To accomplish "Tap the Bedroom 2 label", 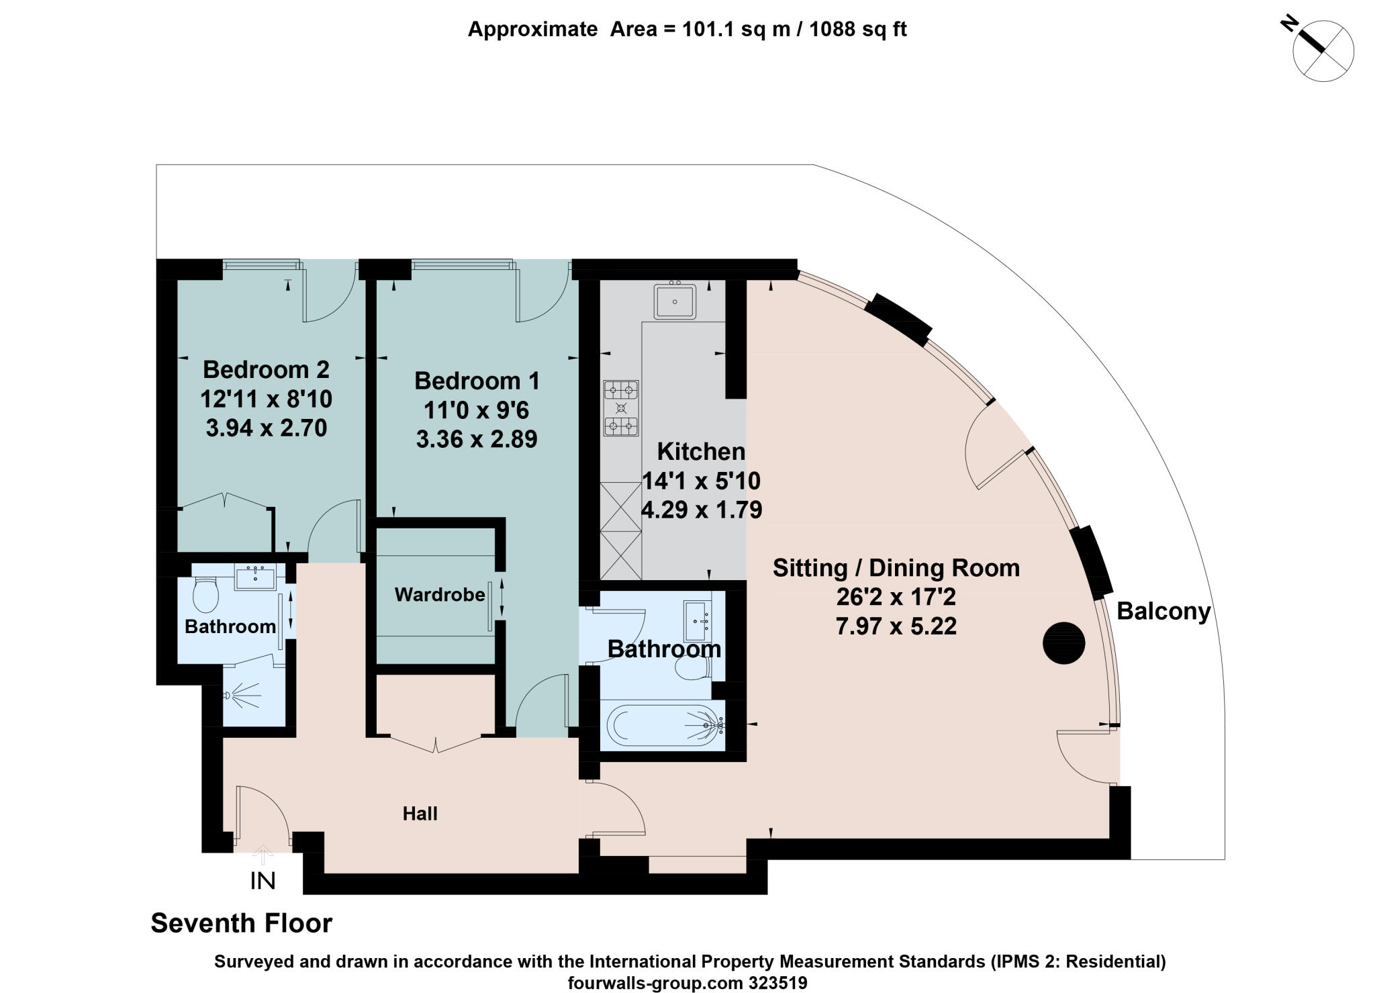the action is coord(266,370).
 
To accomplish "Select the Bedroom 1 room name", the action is coord(477,381).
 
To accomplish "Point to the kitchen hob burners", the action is coord(621,408).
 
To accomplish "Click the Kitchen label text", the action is coord(701,452).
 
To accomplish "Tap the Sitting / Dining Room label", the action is coord(896,568).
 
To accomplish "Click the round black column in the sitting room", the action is coord(1063,643).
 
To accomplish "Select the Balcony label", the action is coord(1164,612).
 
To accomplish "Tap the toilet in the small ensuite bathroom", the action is coord(205,596).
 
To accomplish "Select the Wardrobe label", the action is coord(440,595).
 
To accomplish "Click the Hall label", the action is coord(420,814).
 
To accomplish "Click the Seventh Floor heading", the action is coord(241,923).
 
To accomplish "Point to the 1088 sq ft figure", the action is coord(857,30).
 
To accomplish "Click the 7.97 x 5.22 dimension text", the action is coord(896,626).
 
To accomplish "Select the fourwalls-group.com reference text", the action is coord(687,983).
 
